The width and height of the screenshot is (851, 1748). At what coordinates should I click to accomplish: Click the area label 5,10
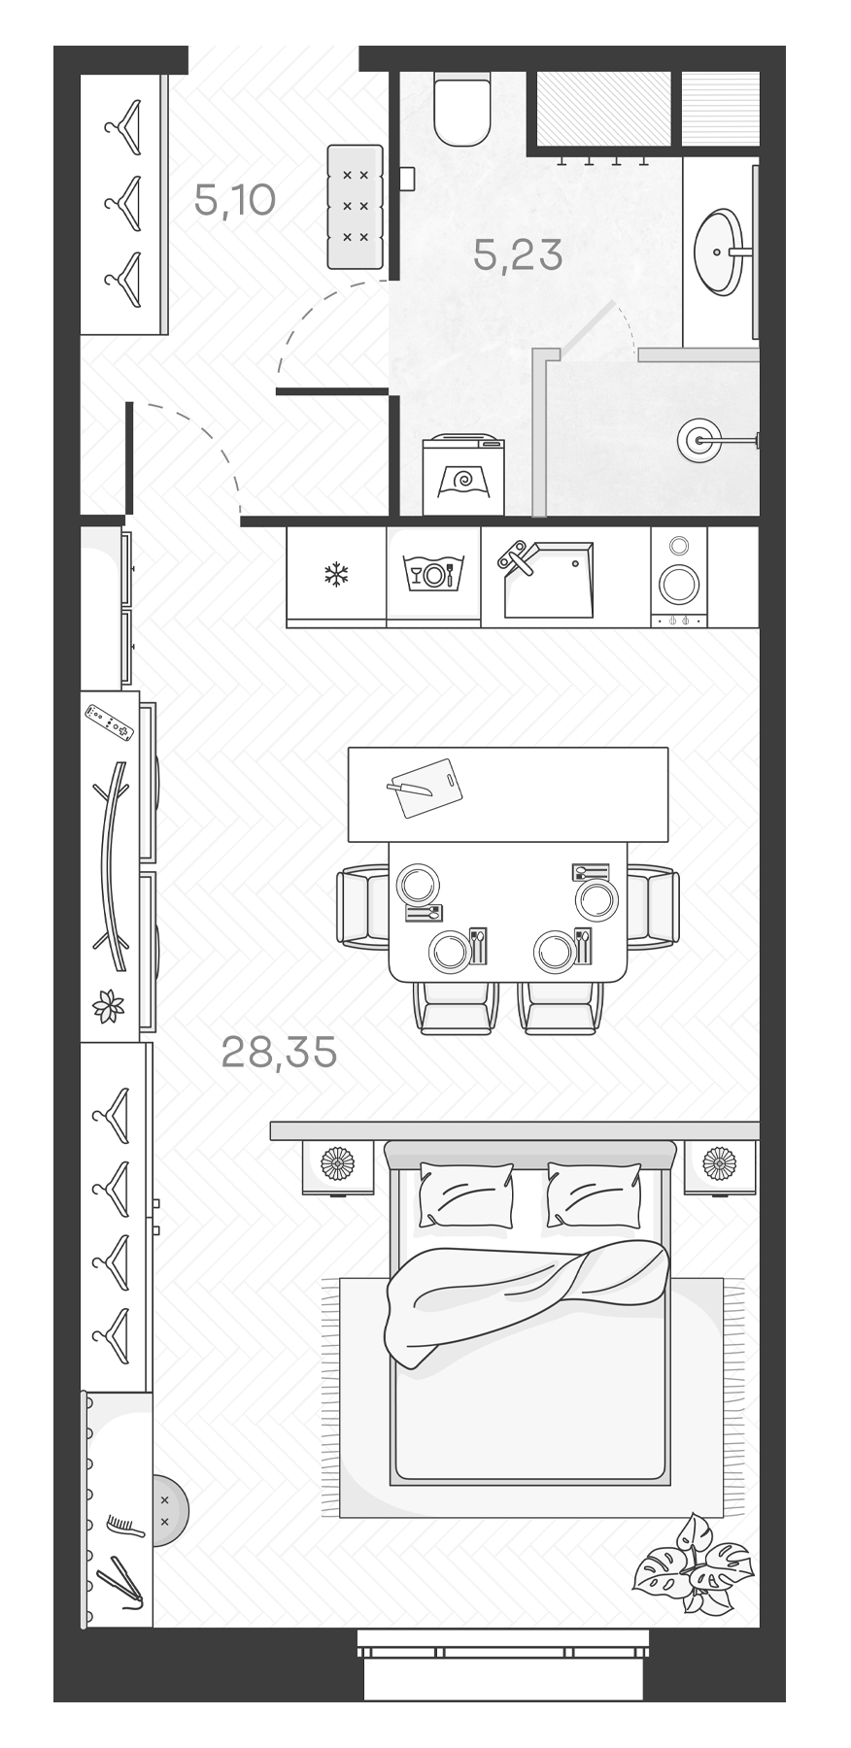point(235,201)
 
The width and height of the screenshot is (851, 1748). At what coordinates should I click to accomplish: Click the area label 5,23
point(518,254)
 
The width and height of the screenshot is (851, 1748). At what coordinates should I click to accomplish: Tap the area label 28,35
point(279,1051)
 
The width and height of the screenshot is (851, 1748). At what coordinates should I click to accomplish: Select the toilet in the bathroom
point(460,110)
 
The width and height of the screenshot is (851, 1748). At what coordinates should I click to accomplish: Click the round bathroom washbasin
point(719,252)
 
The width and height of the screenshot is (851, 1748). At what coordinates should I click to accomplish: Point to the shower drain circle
point(698,438)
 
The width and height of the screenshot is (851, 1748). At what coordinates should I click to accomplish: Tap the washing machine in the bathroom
point(463,475)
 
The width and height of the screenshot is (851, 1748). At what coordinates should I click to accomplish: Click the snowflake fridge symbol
point(335,574)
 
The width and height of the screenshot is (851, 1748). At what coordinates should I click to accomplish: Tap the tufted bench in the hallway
point(356,206)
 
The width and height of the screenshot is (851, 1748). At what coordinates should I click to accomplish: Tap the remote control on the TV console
point(108,721)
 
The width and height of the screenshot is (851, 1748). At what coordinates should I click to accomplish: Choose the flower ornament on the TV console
point(108,1003)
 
